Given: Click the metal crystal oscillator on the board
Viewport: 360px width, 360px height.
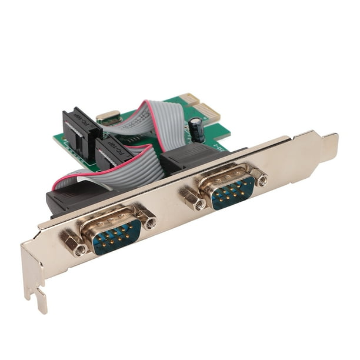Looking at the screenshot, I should [x=109, y=116].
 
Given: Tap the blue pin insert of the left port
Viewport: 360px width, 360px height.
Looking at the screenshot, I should [x=118, y=233].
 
